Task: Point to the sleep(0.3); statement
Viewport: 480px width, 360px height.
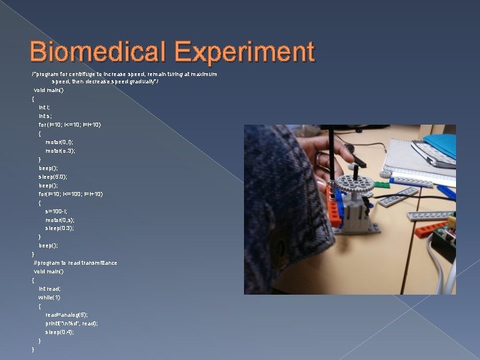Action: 59,228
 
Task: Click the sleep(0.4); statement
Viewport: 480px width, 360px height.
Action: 59,331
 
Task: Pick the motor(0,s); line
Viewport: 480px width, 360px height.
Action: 59,219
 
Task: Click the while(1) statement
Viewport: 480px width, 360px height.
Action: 49,297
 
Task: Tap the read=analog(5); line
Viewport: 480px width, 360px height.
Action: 66,314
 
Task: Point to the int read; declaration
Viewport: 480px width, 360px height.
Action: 49,288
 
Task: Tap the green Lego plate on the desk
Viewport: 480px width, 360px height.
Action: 382,184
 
